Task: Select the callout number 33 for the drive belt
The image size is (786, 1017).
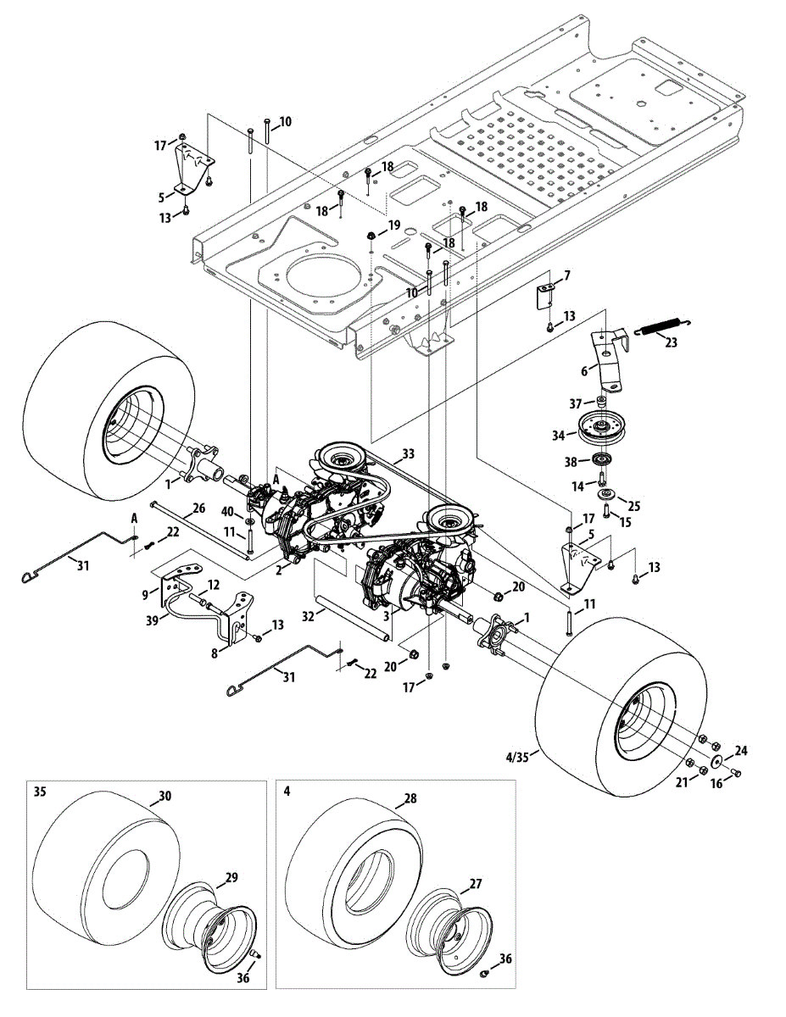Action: (409, 455)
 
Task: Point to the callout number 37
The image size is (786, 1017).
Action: (577, 403)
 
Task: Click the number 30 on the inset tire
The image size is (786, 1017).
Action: (165, 797)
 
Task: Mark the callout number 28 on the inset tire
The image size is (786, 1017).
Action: (410, 799)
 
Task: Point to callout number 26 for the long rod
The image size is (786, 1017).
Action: (198, 508)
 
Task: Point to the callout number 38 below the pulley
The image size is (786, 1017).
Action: (571, 462)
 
